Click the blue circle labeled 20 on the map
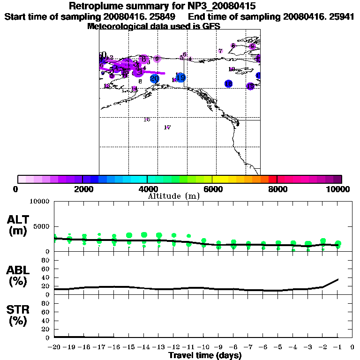pyautogui.click(x=154, y=79)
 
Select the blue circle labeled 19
pyautogui.click(x=180, y=77)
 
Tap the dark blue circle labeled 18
pyautogui.click(x=228, y=84)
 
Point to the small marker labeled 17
pyautogui.click(x=168, y=127)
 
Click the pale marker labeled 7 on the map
pyautogui.click(x=220, y=51)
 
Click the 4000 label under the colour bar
pyautogui.click(x=148, y=189)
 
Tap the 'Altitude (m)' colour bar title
pyautogui.click(x=174, y=196)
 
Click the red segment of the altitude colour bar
pyautogui.click(x=273, y=179)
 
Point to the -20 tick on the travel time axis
pyautogui.click(x=54, y=347)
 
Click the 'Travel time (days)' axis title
pyautogui.click(x=205, y=355)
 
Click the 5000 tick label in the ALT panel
pyautogui.click(x=40, y=227)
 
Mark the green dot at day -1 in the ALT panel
pyautogui.click(x=338, y=244)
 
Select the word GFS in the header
pyautogui.click(x=211, y=26)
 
